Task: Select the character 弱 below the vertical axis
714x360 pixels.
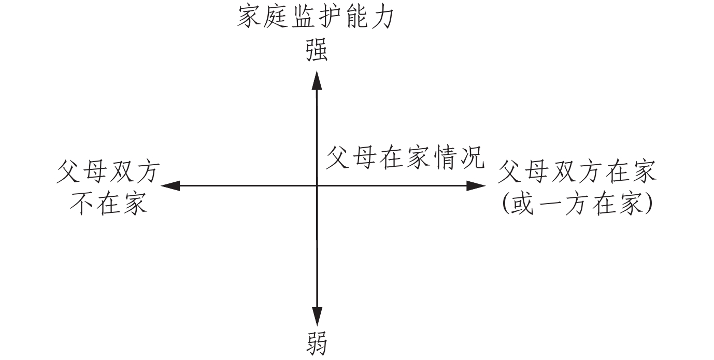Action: tap(316, 342)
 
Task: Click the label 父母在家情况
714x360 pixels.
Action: tap(405, 157)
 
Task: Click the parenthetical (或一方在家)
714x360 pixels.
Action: tap(577, 205)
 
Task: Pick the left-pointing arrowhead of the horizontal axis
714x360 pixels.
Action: tap(171, 185)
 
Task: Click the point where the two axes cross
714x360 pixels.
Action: tap(317, 185)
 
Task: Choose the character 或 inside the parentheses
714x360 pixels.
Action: tap(523, 205)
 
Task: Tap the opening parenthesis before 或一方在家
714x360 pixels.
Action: tap(506, 206)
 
